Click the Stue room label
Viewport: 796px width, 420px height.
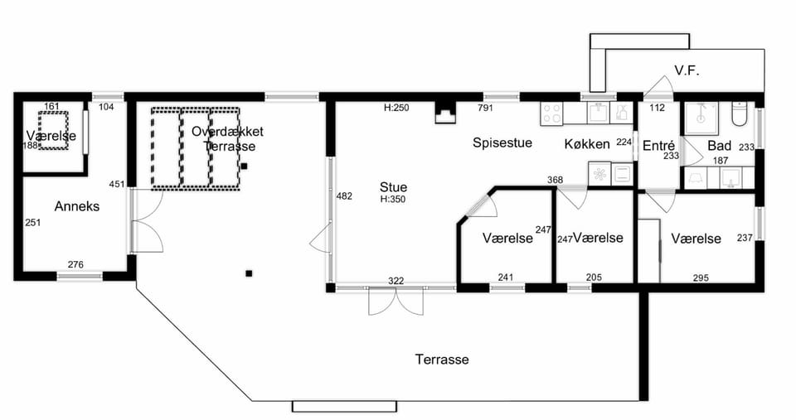click(393, 187)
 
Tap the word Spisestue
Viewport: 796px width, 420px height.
click(502, 142)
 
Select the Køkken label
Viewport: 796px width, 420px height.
click(587, 144)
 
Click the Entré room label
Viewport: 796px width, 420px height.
click(658, 146)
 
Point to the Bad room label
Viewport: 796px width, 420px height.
click(719, 146)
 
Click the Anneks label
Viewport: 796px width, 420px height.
click(76, 206)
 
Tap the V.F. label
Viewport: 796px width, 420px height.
click(687, 70)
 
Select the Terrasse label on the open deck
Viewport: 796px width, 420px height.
click(442, 360)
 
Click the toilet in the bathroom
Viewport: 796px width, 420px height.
click(739, 113)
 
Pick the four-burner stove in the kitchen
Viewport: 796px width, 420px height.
click(552, 113)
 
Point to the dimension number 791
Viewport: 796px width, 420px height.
click(485, 108)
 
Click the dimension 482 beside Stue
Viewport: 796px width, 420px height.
click(344, 196)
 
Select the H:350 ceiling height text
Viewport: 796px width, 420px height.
click(393, 200)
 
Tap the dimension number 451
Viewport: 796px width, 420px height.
click(117, 184)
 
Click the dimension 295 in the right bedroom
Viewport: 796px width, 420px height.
click(701, 278)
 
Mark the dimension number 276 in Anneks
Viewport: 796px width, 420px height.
click(75, 264)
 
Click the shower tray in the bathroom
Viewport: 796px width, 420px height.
click(701, 119)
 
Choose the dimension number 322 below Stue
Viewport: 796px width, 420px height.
click(396, 281)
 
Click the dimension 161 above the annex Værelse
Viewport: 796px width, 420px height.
click(51, 107)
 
